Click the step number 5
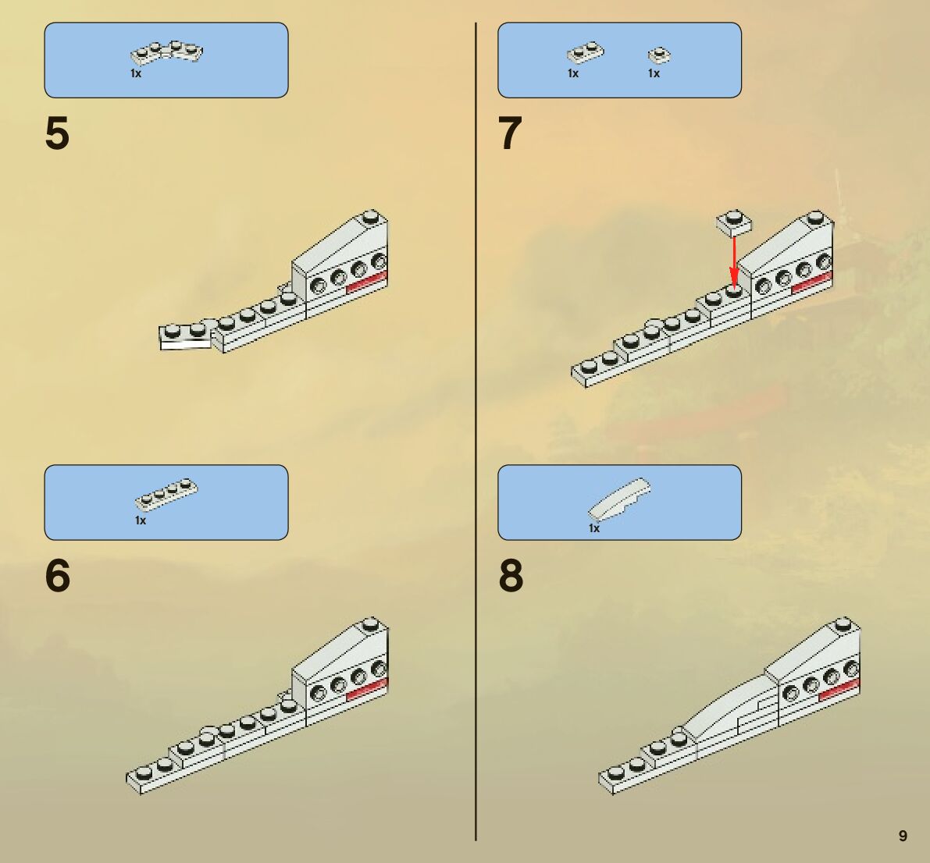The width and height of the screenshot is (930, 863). (57, 134)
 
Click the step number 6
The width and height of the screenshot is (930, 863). (57, 577)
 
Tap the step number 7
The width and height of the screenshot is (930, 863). (510, 134)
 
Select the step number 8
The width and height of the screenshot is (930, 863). (511, 577)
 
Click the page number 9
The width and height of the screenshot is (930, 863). (903, 836)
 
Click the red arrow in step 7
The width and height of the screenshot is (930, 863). (734, 261)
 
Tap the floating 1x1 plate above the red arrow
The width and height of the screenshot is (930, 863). (734, 222)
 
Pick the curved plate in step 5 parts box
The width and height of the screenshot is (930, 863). (167, 52)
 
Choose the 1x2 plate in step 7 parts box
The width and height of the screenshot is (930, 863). (585, 54)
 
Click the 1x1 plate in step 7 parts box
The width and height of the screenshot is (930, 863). (660, 55)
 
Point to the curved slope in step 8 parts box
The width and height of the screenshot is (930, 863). (620, 499)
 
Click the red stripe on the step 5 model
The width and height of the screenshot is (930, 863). (366, 282)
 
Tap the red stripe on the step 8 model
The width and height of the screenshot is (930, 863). (839, 689)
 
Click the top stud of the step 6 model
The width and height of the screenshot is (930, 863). (372, 623)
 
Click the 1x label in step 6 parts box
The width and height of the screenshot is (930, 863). (141, 520)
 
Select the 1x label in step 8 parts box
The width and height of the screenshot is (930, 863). (594, 528)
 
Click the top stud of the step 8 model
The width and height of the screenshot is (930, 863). (843, 623)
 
